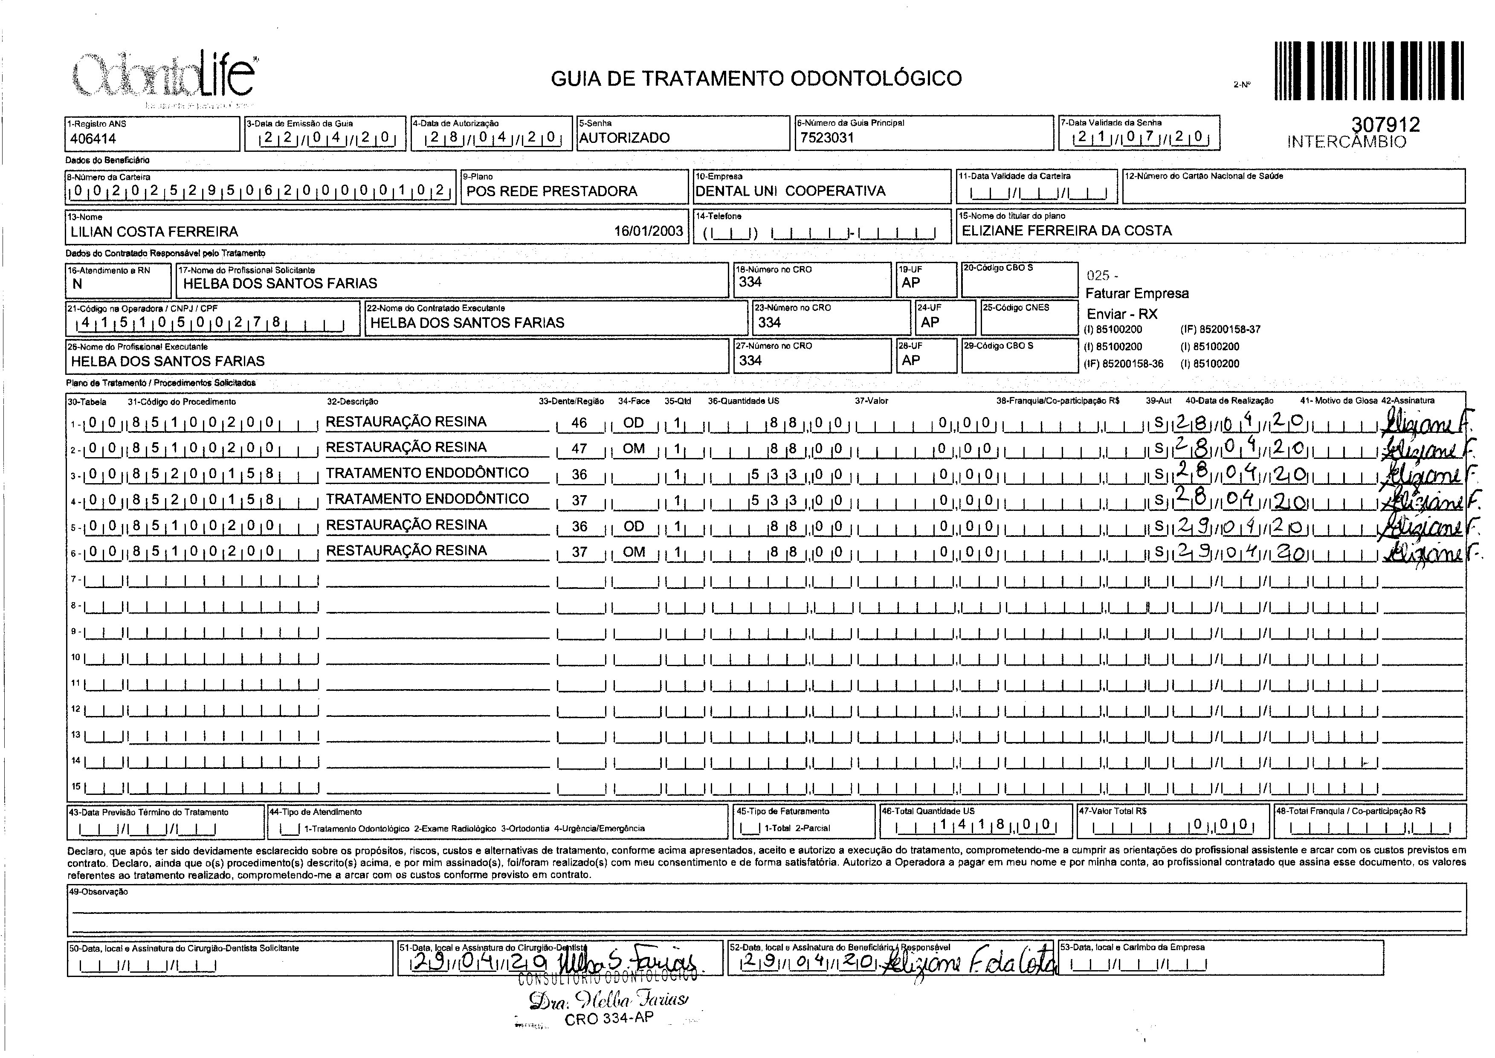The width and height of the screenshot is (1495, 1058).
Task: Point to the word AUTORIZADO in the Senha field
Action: point(624,137)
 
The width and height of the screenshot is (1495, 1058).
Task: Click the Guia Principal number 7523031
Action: point(827,137)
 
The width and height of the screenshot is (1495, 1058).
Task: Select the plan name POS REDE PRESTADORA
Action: point(552,191)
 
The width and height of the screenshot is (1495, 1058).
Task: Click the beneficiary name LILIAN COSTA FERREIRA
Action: point(154,231)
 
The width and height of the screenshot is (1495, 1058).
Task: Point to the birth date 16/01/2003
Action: point(648,231)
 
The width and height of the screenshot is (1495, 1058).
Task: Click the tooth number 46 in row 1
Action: point(579,423)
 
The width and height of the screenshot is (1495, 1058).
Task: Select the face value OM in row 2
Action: point(633,448)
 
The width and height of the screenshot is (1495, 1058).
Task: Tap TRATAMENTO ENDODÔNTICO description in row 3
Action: point(427,473)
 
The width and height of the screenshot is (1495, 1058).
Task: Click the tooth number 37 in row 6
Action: point(579,552)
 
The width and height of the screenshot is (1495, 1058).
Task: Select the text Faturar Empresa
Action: point(1137,293)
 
